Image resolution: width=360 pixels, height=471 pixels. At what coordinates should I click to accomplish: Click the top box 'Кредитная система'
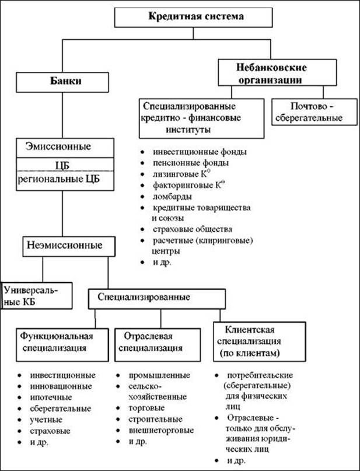193,18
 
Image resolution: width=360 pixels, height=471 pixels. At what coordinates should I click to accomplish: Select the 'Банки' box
62,82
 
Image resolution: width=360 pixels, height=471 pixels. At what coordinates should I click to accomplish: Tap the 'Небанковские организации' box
277,72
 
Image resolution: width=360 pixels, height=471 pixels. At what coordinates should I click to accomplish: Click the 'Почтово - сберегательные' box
314,111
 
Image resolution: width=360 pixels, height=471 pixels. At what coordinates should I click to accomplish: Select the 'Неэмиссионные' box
69,246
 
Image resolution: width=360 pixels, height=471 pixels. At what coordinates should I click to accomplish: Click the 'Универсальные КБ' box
37,295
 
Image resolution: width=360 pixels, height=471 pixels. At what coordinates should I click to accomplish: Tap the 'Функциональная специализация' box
62,344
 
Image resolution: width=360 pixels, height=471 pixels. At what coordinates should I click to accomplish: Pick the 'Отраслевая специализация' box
158,344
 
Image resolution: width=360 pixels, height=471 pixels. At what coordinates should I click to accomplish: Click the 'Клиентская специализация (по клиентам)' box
260,341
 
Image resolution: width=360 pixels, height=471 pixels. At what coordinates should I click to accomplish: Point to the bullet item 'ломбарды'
172,197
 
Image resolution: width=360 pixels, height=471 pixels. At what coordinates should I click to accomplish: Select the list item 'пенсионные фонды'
191,163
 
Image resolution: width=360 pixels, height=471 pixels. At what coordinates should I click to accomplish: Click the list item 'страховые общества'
193,229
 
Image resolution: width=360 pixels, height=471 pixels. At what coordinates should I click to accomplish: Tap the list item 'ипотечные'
51,397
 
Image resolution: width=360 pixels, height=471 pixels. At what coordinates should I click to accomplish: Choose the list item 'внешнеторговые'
161,431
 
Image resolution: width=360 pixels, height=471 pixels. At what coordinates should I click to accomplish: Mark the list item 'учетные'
46,420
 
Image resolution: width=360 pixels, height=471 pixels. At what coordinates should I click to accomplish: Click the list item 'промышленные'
159,375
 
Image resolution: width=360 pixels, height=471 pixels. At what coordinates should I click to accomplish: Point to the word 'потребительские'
260,375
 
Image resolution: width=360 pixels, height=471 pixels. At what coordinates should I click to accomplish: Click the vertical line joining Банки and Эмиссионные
62,116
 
